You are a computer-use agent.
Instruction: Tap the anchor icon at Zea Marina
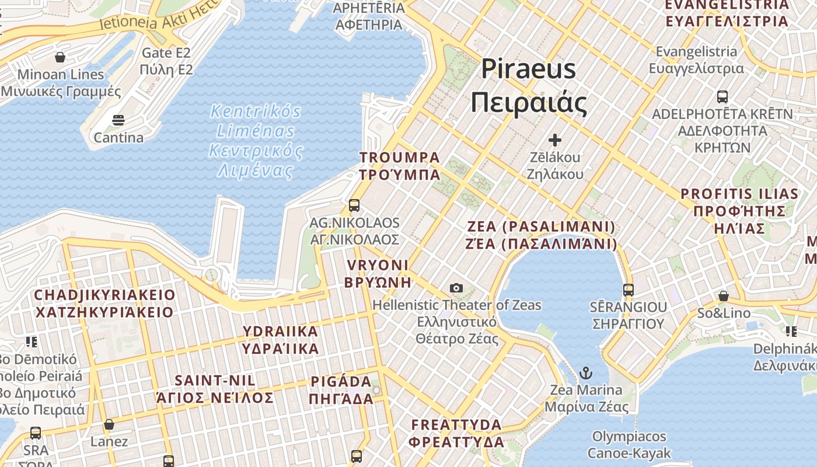[585, 372]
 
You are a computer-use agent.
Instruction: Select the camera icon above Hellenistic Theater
[456, 288]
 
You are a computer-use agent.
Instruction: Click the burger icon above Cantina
[118, 121]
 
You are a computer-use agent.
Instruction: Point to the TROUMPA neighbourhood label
[400, 166]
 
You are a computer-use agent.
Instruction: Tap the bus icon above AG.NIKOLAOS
[354, 205]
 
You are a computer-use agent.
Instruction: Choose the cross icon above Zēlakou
[554, 140]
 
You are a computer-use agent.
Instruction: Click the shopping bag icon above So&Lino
[724, 296]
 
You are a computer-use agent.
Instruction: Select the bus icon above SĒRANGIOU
[629, 290]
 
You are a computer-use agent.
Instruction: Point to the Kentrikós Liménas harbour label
[256, 141]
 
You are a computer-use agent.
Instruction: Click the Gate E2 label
[166, 61]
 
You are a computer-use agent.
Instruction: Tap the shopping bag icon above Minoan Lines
[60, 57]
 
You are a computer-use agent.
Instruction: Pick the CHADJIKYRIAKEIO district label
[104, 304]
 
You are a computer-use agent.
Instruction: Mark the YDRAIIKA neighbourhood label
[281, 340]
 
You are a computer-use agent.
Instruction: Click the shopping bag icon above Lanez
[109, 424]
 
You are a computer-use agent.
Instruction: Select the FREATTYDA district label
[456, 433]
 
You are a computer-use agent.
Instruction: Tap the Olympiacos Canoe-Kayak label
[629, 445]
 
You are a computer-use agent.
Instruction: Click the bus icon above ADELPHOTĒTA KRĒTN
[722, 96]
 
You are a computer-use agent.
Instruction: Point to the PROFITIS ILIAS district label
[739, 211]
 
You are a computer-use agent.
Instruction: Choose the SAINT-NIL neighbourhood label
[215, 389]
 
